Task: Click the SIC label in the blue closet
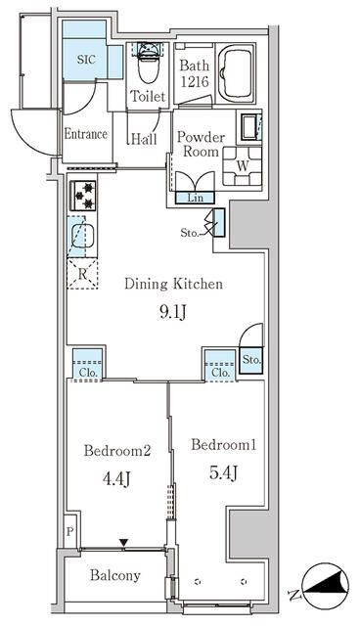[86, 60]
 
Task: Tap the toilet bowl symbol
[149, 67]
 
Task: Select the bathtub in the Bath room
[236, 74]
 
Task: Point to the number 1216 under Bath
[195, 82]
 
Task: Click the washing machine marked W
[243, 166]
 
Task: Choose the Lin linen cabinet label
[196, 198]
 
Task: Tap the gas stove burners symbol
[83, 196]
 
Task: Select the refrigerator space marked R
[82, 274]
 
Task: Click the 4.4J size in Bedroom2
[117, 478]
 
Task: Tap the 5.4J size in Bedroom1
[223, 472]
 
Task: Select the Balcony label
[115, 575]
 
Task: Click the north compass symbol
[326, 586]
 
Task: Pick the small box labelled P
[69, 531]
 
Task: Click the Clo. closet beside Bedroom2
[88, 365]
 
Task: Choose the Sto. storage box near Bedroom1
[251, 360]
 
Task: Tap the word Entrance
[86, 134]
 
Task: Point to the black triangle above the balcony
[124, 543]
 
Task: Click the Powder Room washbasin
[249, 127]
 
